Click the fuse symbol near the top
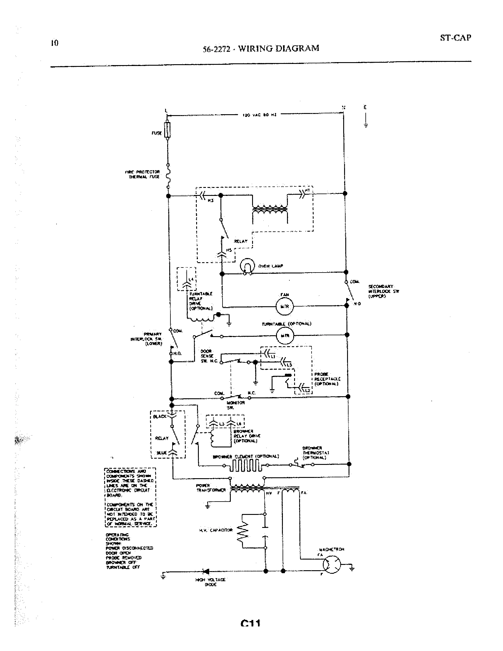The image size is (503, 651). (167, 130)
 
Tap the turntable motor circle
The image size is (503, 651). (284, 336)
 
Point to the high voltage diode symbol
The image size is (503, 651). (206, 571)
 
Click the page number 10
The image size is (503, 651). (54, 43)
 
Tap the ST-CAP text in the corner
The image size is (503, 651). (455, 38)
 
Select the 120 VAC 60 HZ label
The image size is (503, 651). (259, 115)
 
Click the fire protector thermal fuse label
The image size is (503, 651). (142, 174)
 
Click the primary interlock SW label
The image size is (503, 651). (146, 339)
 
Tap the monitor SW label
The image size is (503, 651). (238, 405)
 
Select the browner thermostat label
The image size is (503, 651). (315, 452)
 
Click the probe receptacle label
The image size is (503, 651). (327, 379)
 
